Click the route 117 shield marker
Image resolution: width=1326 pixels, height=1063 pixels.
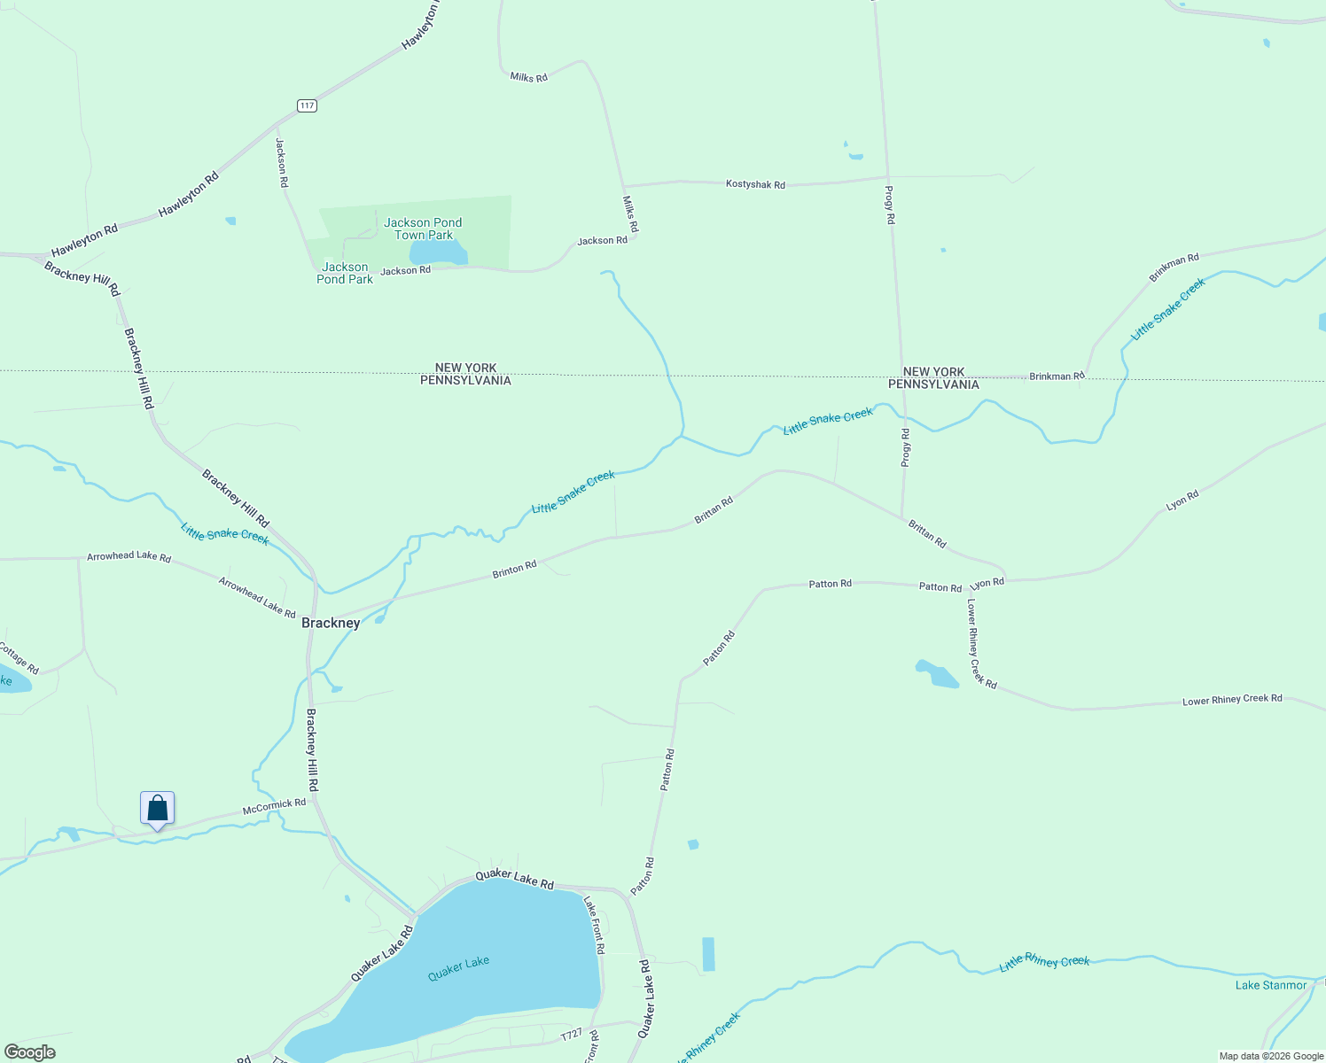click(307, 105)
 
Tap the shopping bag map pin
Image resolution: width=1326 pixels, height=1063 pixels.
click(157, 809)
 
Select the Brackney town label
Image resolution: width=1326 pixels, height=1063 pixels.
click(331, 623)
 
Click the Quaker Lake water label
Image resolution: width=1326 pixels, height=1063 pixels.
click(458, 968)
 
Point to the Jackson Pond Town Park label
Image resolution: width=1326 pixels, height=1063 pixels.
click(423, 229)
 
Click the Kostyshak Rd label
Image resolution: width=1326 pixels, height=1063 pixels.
click(755, 184)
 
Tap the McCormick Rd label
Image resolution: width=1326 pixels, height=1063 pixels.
click(274, 806)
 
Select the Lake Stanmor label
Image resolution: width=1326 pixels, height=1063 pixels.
click(1271, 985)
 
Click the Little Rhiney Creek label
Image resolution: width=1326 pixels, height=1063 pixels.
click(1044, 963)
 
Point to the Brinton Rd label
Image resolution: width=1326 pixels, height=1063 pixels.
click(515, 569)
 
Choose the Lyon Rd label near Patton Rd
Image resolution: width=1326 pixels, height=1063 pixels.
click(987, 583)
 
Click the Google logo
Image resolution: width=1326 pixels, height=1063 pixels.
click(29, 1052)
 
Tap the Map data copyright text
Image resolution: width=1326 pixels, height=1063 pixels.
click(1271, 1056)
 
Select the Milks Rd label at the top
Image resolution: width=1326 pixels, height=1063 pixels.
click(528, 77)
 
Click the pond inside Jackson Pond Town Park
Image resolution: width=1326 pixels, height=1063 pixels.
click(437, 252)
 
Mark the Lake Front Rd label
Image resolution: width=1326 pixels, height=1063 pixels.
click(594, 924)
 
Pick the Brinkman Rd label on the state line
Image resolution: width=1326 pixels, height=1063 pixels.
click(1057, 376)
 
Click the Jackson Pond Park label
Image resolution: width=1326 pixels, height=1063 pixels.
click(345, 273)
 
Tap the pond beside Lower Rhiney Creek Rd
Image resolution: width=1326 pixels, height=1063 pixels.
click(937, 675)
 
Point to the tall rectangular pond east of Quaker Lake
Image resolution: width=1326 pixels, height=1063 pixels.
click(708, 954)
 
